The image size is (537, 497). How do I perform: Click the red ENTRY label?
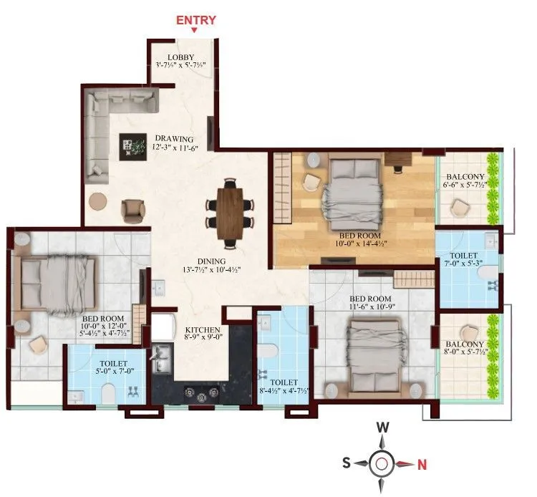pos(196,20)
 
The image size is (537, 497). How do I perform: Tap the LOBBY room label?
pos(180,57)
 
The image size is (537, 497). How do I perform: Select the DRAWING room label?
pos(174,139)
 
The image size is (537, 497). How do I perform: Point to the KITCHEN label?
pos(203,329)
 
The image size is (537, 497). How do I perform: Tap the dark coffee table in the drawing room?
pos(133,147)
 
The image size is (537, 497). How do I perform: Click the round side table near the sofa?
pos(98,202)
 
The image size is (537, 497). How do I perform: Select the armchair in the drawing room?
pos(133,211)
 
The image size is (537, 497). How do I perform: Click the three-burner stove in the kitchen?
pos(202,395)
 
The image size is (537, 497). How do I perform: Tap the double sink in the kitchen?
pos(161,359)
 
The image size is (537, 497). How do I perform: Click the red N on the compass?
pos(422,465)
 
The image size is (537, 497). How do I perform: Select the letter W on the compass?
pos(383,427)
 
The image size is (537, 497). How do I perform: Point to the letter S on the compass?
pos(347,463)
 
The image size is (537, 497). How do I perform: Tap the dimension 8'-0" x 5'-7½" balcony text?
pos(466,352)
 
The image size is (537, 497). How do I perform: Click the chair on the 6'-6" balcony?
pos(459,208)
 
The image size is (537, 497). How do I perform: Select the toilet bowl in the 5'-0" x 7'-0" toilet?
pos(109,394)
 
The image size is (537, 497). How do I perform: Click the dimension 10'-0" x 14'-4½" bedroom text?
pos(361,243)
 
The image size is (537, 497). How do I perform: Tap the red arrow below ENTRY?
pos(194,30)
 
